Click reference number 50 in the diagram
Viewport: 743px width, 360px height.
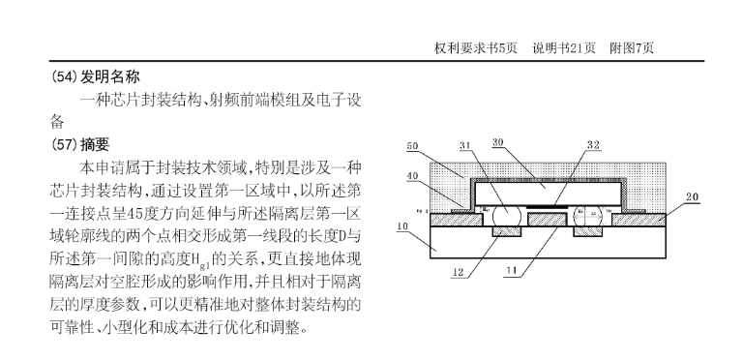(x=412, y=146)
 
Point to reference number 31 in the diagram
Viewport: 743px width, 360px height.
(x=464, y=145)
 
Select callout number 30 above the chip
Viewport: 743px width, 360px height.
(x=497, y=142)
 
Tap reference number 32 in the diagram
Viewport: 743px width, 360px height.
(x=593, y=145)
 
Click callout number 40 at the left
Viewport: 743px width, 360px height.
(x=412, y=176)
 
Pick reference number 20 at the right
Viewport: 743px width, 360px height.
(x=693, y=197)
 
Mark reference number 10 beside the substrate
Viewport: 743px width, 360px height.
(x=402, y=226)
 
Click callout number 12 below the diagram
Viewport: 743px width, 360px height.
(x=458, y=272)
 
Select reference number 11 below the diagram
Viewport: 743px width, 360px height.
(x=511, y=270)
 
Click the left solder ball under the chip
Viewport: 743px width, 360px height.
(x=507, y=216)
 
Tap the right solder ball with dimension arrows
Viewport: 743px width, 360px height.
(x=588, y=216)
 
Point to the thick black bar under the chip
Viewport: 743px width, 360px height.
(x=548, y=207)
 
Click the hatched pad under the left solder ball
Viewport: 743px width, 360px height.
(x=507, y=231)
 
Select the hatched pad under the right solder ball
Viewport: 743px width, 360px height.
(x=587, y=231)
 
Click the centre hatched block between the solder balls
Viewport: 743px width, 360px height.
(x=548, y=220)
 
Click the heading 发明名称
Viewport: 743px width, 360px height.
(x=110, y=76)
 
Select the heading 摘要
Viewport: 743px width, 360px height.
(x=95, y=144)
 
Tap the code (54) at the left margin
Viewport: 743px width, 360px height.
(x=64, y=76)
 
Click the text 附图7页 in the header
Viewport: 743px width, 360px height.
(x=632, y=47)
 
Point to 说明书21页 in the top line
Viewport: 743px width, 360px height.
(x=564, y=47)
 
